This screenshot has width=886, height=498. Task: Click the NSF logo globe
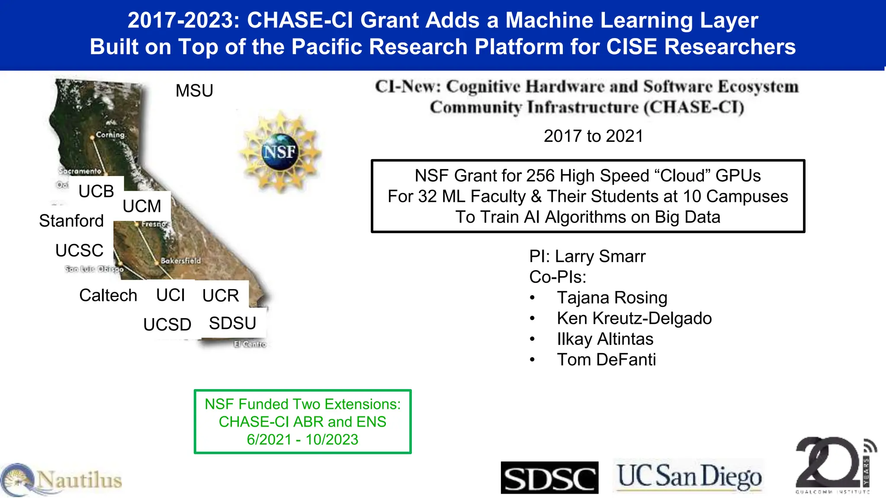tap(280, 151)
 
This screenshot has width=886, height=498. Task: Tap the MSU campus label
tap(194, 91)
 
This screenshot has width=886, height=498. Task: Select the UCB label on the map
tap(96, 191)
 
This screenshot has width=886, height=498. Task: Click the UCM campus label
tap(142, 206)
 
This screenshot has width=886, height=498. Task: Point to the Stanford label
tap(71, 221)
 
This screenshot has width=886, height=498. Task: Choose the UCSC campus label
tap(80, 251)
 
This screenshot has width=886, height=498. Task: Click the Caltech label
tap(108, 296)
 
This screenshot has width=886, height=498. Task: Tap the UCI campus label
tap(170, 295)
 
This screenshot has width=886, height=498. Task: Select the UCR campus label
tap(221, 296)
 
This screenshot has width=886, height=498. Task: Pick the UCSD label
tap(167, 325)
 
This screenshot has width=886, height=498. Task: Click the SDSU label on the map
tap(233, 323)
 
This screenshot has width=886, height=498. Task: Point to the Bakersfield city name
tap(181, 261)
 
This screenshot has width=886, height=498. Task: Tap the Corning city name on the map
tap(110, 135)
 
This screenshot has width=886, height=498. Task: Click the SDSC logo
tap(549, 478)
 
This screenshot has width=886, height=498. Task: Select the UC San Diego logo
tap(689, 476)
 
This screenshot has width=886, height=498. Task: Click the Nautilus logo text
tap(80, 480)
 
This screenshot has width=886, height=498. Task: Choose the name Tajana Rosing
tap(612, 298)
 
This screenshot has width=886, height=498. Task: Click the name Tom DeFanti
tap(606, 360)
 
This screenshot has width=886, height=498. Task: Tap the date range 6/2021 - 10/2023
tap(302, 440)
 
